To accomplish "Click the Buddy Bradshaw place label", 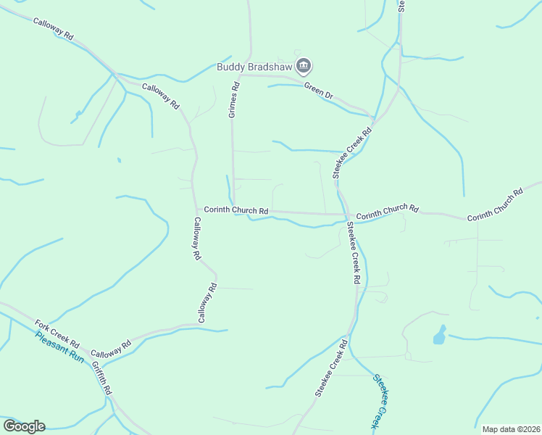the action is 254,67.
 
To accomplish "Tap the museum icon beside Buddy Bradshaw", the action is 304,67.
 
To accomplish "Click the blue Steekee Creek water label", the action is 383,400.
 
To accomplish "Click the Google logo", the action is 24,426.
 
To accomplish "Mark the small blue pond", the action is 440,335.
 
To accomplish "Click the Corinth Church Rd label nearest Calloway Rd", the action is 236,210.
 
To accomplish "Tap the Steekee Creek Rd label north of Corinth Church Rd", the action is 352,152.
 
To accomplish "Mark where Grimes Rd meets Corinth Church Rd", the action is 233,210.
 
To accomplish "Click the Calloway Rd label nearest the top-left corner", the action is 54,28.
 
